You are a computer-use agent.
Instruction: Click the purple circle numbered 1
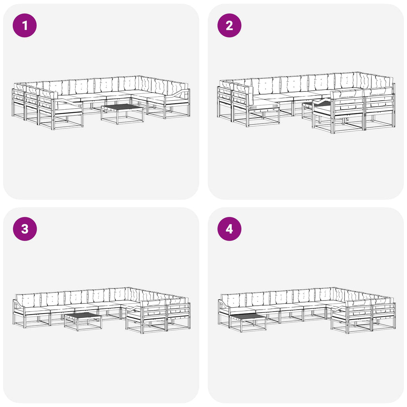click(x=25, y=25)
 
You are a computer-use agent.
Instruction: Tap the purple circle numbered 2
click(x=229, y=25)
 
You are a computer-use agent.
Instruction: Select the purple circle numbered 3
click(x=25, y=229)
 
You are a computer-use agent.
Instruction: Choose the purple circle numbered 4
click(x=229, y=229)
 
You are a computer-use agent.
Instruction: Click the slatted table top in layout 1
click(x=122, y=107)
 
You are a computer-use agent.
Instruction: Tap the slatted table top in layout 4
click(x=248, y=316)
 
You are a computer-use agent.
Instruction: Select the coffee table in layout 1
click(x=122, y=114)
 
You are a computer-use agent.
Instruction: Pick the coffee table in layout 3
click(x=83, y=322)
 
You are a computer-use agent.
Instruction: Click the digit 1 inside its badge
click(x=25, y=25)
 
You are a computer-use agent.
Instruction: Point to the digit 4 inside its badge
click(x=229, y=229)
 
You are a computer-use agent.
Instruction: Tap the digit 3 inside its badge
click(x=25, y=229)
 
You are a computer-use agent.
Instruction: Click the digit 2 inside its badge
click(x=229, y=25)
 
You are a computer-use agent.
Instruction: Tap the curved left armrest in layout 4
click(x=224, y=304)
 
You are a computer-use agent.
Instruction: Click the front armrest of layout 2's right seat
click(x=324, y=103)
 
